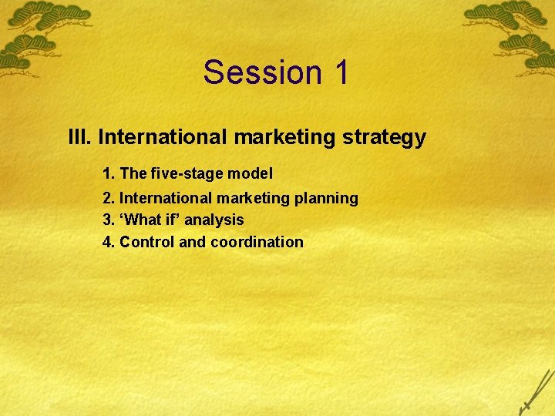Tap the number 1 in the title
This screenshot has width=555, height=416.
click(341, 72)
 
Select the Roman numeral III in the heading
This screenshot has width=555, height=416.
click(80, 138)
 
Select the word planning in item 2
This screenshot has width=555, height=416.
click(326, 199)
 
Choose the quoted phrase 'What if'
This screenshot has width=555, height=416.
click(151, 220)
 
